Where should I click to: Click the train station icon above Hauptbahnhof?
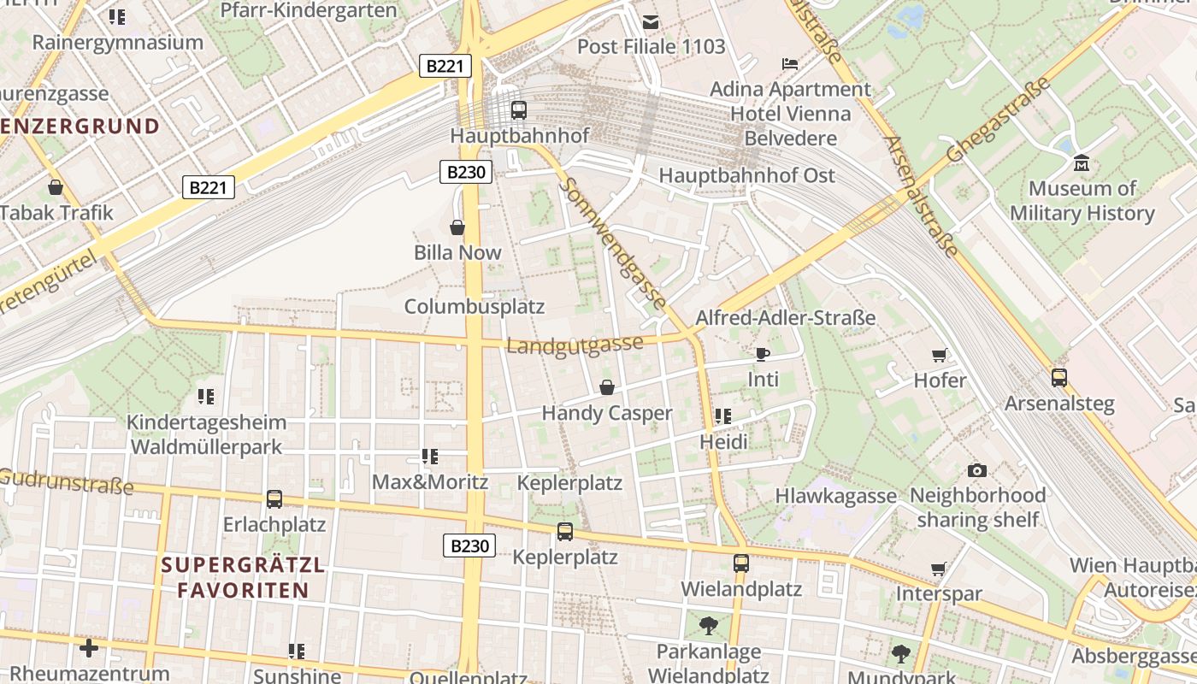tap(518, 109)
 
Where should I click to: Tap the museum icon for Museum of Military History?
tap(1082, 162)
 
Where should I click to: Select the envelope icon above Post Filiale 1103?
tap(652, 21)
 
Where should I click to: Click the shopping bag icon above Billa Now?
tap(457, 227)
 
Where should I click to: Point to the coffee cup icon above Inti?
tap(763, 353)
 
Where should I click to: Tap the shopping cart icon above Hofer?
tap(940, 355)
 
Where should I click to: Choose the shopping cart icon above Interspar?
tap(939, 569)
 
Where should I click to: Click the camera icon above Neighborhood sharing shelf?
tap(977, 470)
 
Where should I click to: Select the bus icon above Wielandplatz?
tap(740, 563)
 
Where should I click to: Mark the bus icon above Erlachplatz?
tap(274, 498)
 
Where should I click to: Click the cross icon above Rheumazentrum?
tap(89, 648)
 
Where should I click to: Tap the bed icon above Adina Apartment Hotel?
tap(791, 64)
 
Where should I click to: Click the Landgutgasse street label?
tap(575, 345)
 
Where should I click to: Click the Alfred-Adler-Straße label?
tap(785, 318)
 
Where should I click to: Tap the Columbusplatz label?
tap(474, 306)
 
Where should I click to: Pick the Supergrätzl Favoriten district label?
tap(243, 577)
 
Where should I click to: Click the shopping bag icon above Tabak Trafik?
tap(56, 186)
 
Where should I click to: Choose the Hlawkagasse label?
tap(835, 496)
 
